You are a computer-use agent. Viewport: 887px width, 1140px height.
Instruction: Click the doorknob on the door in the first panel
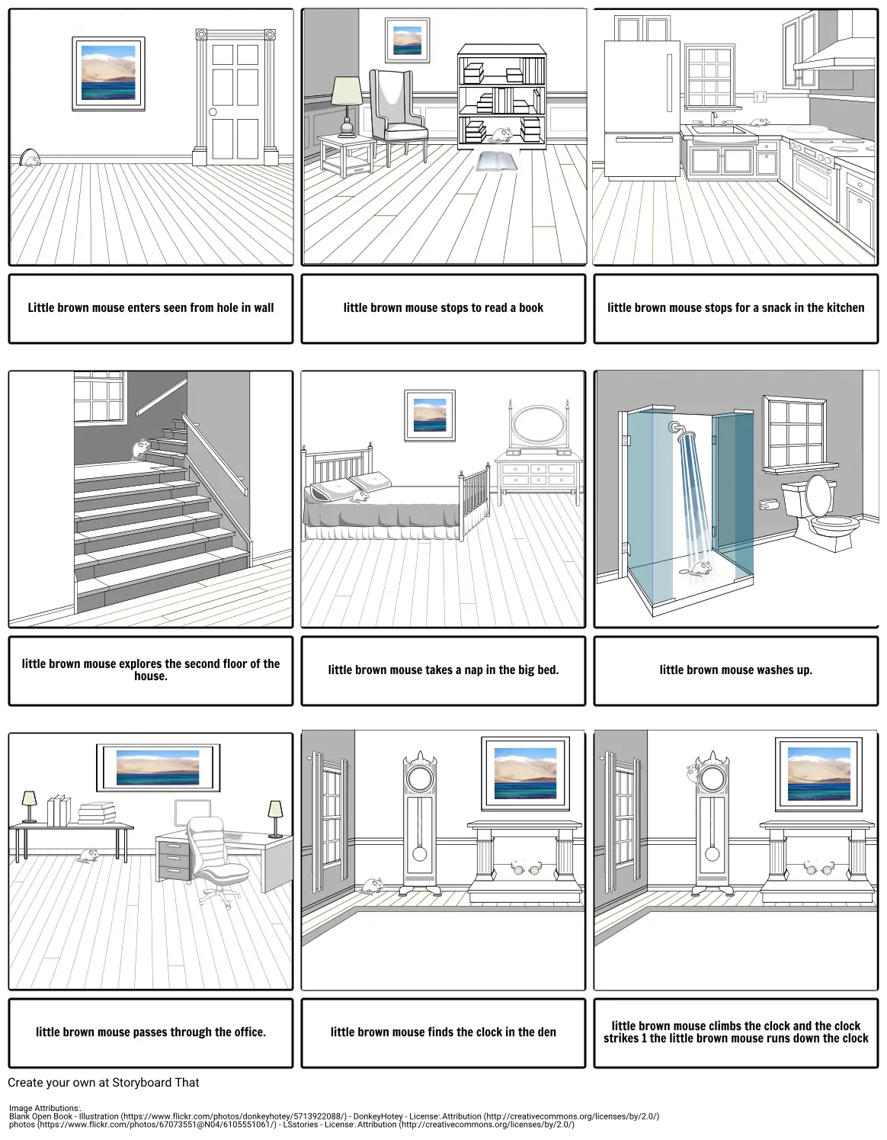(x=213, y=112)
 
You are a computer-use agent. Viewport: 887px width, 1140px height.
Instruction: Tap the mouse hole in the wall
(x=30, y=158)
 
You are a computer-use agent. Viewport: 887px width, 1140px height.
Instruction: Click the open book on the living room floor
(x=496, y=161)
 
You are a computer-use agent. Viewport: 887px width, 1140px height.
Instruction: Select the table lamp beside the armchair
(x=347, y=107)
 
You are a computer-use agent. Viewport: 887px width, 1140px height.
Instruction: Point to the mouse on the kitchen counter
(x=758, y=122)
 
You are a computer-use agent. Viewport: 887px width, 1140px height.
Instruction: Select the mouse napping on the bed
(x=360, y=496)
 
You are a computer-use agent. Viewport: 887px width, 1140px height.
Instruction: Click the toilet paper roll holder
(x=769, y=505)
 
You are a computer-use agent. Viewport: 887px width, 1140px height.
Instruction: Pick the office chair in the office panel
(x=216, y=862)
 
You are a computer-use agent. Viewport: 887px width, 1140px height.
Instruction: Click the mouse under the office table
(x=88, y=856)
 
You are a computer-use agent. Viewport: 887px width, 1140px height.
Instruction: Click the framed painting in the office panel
(x=158, y=768)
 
